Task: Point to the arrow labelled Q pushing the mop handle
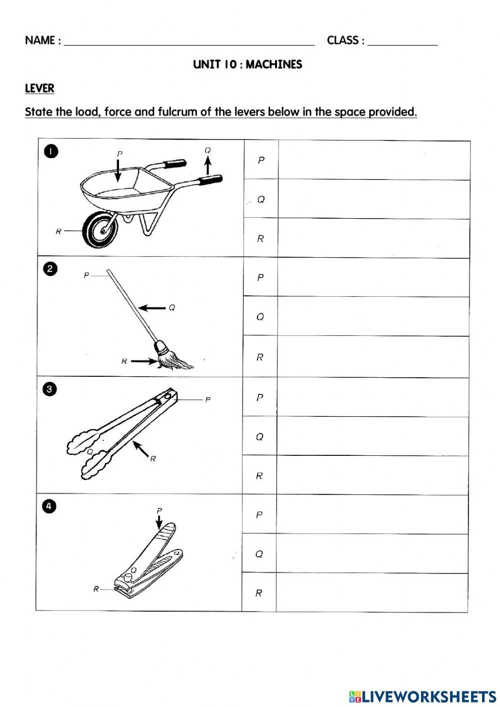tap(152, 308)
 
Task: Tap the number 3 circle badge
tap(50, 389)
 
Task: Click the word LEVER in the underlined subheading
tap(39, 89)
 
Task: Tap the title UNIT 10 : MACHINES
tap(247, 65)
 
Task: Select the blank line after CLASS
tap(402, 41)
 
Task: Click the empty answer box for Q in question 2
tap(373, 316)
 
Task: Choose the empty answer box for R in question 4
tap(371, 592)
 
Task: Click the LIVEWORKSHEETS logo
tap(422, 696)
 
